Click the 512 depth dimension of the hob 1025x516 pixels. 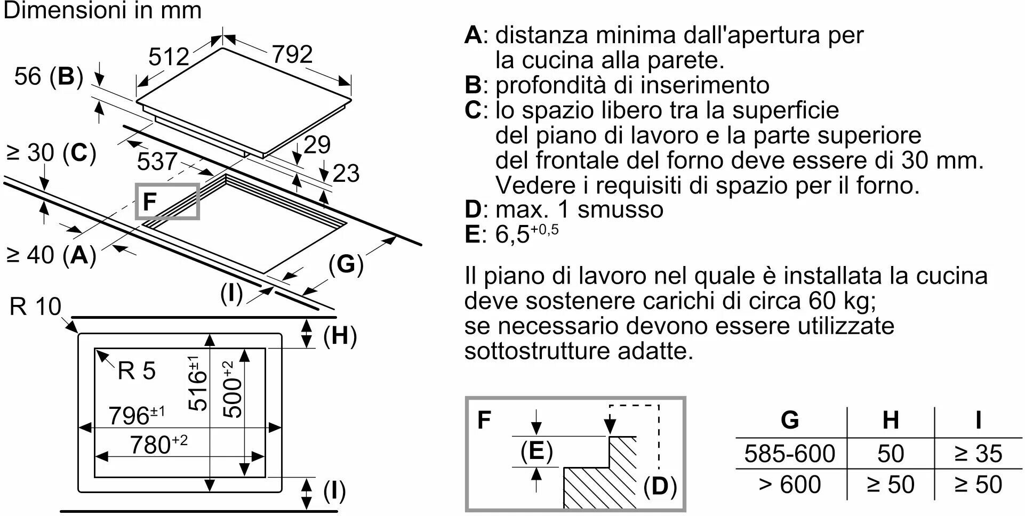(169, 57)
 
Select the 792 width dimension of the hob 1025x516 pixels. (292, 54)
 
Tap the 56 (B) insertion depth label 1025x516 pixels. (49, 76)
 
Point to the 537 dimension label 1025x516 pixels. (157, 161)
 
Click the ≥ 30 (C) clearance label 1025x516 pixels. (51, 153)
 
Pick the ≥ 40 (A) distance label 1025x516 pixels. (51, 255)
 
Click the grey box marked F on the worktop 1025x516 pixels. (167, 201)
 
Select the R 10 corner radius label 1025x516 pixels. (35, 307)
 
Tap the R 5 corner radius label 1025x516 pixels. (137, 370)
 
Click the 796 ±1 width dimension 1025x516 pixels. (137, 415)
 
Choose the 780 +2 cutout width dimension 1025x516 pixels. (158, 444)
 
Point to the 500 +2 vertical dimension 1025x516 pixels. (233, 390)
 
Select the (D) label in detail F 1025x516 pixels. (660, 486)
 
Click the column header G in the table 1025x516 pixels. (790, 420)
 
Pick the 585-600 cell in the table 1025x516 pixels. (789, 454)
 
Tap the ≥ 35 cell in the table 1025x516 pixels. (978, 454)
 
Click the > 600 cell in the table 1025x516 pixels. (789, 485)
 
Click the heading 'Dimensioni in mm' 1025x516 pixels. (102, 11)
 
